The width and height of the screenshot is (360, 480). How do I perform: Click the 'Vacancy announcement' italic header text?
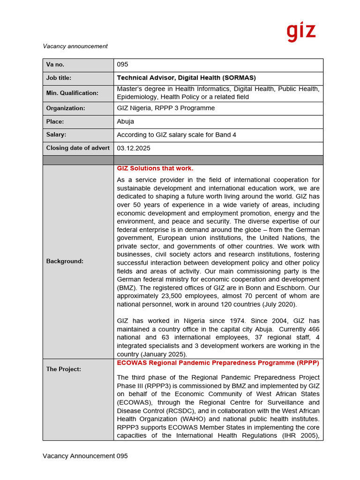pos(75,46)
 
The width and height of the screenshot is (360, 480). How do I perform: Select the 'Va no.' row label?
pos(55,65)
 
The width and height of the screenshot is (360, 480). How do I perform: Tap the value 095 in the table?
pos(122,65)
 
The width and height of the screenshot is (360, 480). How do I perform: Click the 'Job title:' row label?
pos(59,78)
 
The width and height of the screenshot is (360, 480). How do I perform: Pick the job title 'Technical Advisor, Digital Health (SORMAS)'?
pos(186,78)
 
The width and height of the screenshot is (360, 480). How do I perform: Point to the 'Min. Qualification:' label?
pos(72,93)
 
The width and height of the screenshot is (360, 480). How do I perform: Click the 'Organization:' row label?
pos(66,108)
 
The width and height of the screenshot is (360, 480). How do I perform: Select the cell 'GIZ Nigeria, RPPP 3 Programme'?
pos(165,108)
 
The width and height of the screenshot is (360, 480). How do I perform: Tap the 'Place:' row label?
pos(55,121)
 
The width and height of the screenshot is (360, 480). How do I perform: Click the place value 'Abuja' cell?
pos(125,121)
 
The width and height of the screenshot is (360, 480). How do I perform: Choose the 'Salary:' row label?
pos(56,135)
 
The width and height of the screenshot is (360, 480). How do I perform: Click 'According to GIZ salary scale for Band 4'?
pos(176,135)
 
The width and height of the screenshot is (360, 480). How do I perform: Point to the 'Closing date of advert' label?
pos(78,148)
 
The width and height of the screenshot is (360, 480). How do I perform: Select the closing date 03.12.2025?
pos(134,148)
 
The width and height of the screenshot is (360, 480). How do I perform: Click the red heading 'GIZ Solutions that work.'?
pos(155,168)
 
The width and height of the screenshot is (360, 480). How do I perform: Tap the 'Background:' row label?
pos(65,261)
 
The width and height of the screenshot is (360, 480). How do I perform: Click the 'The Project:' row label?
pos(63,369)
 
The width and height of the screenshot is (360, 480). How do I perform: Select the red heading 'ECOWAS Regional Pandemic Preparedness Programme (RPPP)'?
pos(217,363)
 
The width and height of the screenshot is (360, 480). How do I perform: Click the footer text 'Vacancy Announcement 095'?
pos(85,456)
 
